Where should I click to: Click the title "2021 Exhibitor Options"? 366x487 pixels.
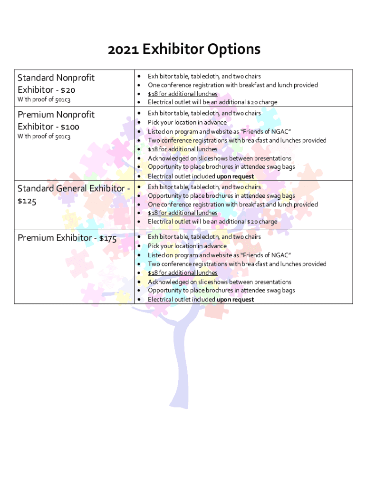click(x=184, y=49)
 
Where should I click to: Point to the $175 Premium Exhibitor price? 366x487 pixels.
click(x=107, y=238)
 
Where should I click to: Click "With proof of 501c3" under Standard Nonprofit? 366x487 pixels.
click(x=44, y=99)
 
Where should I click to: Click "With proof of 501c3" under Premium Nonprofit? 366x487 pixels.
click(x=44, y=136)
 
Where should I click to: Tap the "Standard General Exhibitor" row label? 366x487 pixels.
click(x=71, y=189)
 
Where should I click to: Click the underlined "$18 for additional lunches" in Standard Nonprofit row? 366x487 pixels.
click(x=183, y=94)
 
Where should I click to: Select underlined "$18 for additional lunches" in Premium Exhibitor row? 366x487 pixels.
click(x=183, y=273)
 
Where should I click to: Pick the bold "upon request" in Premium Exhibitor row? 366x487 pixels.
click(x=235, y=300)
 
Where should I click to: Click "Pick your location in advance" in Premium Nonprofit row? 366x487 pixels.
click(x=187, y=122)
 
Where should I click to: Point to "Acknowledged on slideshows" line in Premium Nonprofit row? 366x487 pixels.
click(x=219, y=158)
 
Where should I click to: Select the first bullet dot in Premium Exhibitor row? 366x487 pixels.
click(x=139, y=237)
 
